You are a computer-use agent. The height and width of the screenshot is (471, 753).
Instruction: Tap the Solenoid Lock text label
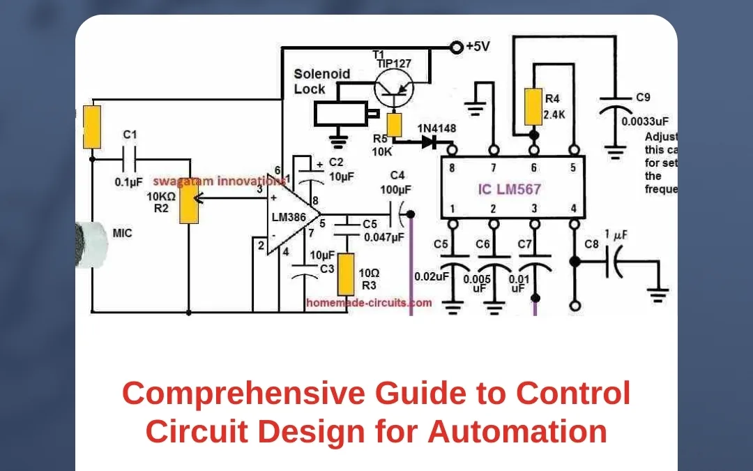click(x=321, y=81)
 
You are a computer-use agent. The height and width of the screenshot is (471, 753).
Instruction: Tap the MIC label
click(x=123, y=232)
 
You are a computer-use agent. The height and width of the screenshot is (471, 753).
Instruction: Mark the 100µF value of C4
click(x=397, y=190)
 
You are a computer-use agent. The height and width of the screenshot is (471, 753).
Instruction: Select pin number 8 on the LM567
click(x=452, y=168)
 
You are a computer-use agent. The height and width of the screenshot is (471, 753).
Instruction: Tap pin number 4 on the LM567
click(x=574, y=209)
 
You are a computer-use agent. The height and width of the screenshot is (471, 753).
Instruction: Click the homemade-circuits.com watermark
click(x=369, y=303)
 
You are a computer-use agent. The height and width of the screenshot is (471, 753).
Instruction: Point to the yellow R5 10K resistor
click(x=395, y=125)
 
